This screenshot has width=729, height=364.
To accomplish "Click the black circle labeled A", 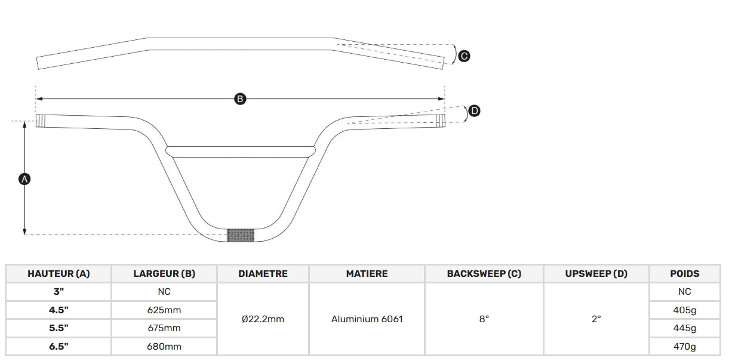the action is (x=24, y=179).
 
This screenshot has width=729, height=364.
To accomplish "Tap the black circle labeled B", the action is (x=240, y=99).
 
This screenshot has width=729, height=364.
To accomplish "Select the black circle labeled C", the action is (x=464, y=56).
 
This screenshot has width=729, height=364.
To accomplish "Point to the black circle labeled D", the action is (x=475, y=111).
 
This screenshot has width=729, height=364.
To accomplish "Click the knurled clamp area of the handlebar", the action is (x=241, y=235).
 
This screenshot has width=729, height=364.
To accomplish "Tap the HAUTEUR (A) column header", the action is (x=59, y=273).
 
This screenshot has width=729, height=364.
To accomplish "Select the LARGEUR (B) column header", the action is (x=164, y=273).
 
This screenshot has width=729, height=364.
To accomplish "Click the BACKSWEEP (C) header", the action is (x=484, y=273).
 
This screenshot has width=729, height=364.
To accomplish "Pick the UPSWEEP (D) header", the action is (x=596, y=273).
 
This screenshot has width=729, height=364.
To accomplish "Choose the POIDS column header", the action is (x=685, y=273).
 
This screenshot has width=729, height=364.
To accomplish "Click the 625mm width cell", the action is (x=164, y=310).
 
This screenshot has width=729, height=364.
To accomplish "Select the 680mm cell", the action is (x=164, y=347).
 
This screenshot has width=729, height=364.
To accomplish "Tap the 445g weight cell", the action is (x=685, y=328).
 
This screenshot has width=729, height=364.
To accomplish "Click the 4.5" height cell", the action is (x=59, y=310).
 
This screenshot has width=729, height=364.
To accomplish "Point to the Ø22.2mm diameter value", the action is (x=263, y=319).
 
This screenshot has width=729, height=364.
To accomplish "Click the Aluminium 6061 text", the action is (x=367, y=319).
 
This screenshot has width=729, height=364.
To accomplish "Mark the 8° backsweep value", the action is (x=484, y=319).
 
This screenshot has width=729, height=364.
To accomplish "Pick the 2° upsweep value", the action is (x=596, y=319).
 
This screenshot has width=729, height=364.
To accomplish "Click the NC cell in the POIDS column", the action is (x=685, y=291).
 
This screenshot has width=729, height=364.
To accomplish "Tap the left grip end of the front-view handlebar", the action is (x=40, y=121).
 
